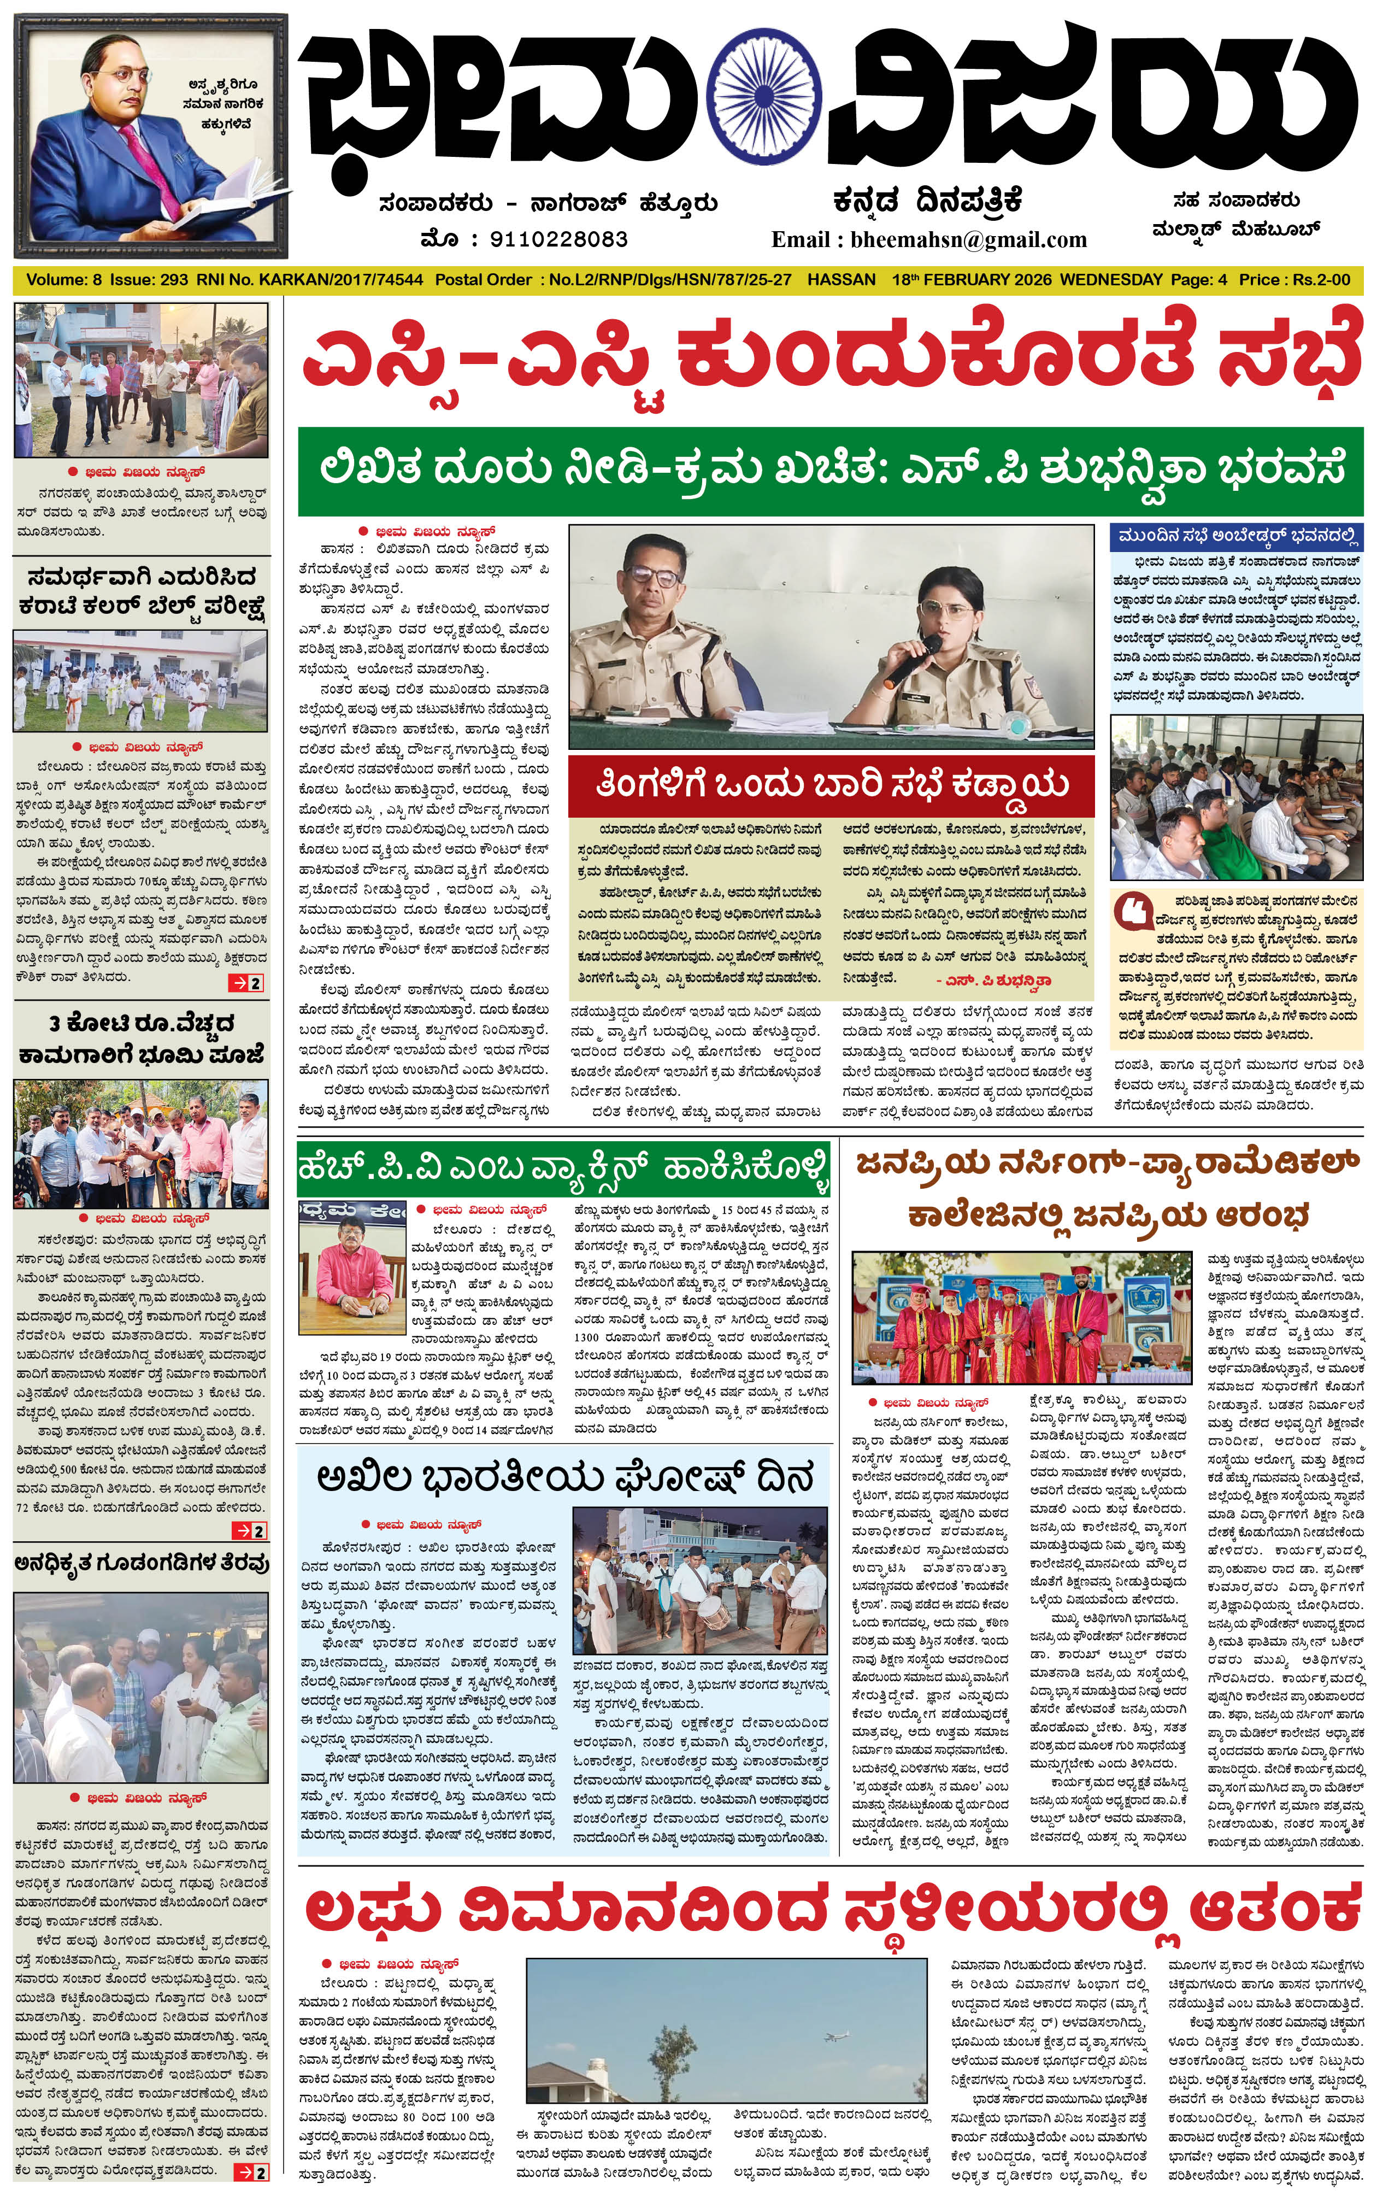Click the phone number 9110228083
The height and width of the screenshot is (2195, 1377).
[558, 239]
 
